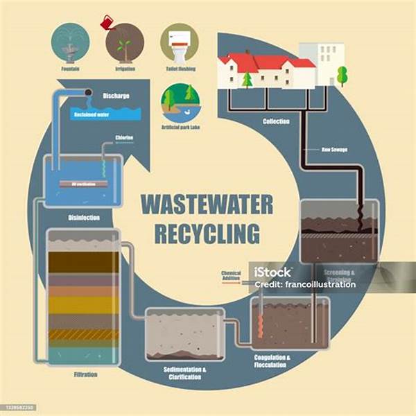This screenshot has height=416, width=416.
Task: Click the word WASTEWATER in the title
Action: (207, 205)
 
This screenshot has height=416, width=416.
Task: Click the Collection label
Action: (276, 122)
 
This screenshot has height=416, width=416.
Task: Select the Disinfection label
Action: (84, 217)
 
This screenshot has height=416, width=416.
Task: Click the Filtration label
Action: (84, 375)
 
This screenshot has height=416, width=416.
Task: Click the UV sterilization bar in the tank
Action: (83, 185)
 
